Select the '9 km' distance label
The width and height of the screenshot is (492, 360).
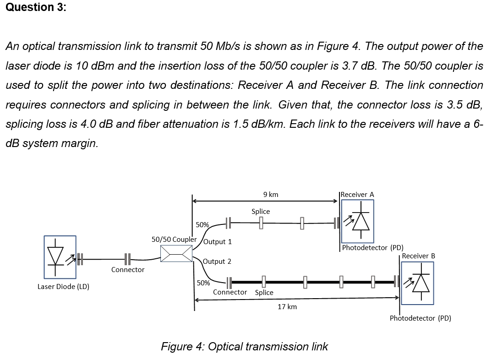pos(271,195)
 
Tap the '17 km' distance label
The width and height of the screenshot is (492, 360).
pos(287,306)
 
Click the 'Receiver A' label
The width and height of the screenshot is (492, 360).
pos(357,195)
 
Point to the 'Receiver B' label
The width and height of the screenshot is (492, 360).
pos(418,256)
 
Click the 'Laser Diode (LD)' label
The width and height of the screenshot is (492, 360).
pos(63,287)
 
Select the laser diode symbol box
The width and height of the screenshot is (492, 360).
pos(60,257)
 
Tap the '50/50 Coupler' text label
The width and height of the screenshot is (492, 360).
pos(174,239)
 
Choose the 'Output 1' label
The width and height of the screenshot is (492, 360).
pos(217,242)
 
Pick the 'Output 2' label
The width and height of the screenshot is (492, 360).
pos(217,262)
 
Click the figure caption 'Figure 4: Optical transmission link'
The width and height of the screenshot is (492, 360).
pos(244,347)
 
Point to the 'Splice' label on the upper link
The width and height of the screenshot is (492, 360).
pos(261,212)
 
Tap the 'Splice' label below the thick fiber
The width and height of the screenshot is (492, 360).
pos(264,292)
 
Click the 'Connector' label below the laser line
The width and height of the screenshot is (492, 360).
pos(128,270)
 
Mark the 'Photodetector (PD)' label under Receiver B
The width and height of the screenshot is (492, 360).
pos(420,318)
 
